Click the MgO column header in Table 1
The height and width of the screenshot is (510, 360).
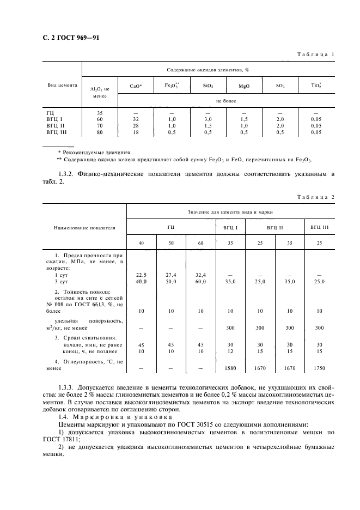coord(244,86)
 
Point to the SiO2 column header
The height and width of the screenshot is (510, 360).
coord(208,86)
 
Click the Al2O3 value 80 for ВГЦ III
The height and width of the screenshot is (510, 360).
coord(100,132)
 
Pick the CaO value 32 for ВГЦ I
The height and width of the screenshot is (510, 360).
coord(136,119)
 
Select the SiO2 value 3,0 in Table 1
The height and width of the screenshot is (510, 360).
coord(208,119)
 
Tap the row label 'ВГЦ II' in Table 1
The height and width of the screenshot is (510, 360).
coord(55,125)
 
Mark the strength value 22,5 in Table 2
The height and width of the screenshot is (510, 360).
coord(141,275)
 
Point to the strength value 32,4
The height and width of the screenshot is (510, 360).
coord(200,275)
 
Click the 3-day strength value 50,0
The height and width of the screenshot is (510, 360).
coord(171,282)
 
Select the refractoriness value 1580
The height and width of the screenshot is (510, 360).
coord(230,368)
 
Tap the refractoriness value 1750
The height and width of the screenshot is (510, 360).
coord(319,368)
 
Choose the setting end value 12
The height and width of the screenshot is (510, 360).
coord(230,351)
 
